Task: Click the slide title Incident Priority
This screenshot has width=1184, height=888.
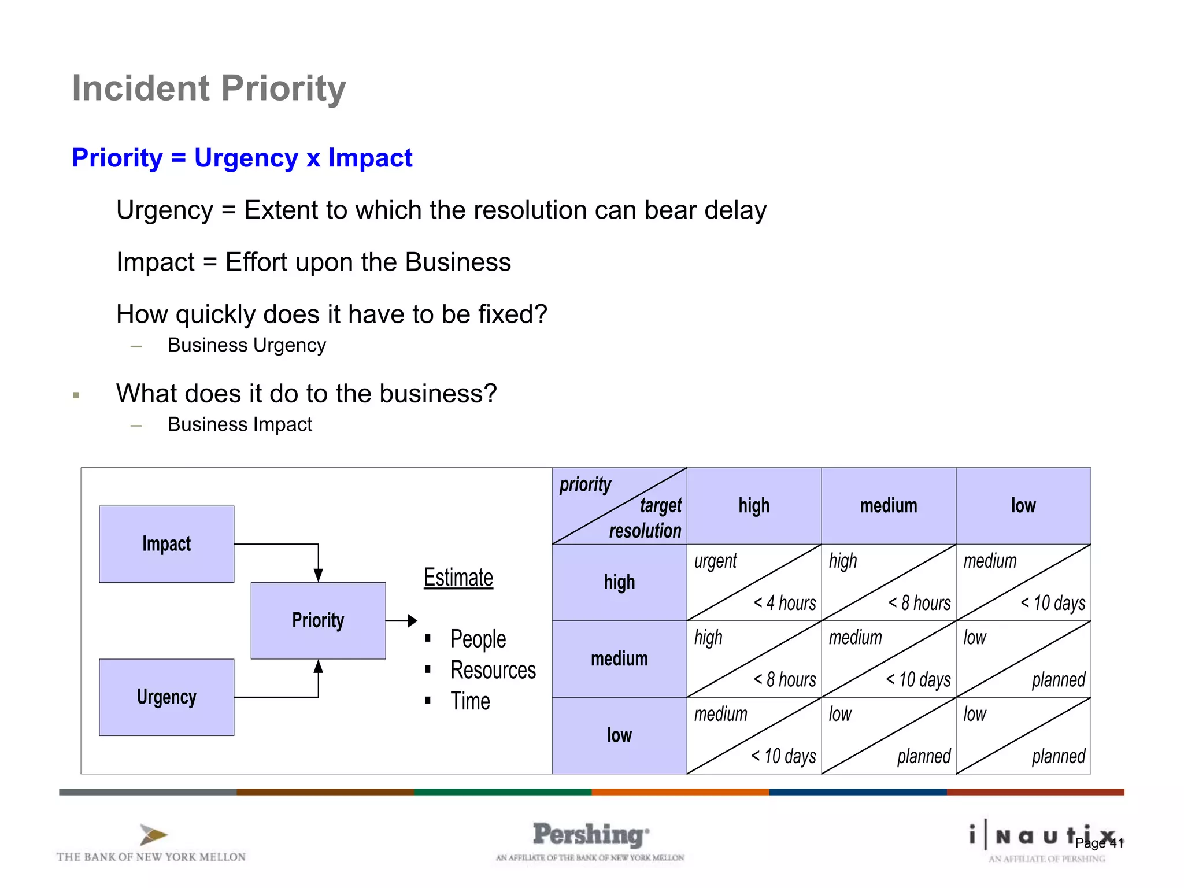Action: point(209,88)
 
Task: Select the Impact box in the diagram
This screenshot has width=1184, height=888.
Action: point(166,544)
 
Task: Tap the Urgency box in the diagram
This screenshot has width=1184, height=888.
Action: point(166,697)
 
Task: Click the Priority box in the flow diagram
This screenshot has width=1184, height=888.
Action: point(318,620)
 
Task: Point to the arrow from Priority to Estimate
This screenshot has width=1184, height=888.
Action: point(401,621)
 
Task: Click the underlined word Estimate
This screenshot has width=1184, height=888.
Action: point(458,578)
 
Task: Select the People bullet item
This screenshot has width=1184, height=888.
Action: point(478,639)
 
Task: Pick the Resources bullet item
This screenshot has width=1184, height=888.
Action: point(493,670)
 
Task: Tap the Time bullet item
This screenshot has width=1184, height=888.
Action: point(470,701)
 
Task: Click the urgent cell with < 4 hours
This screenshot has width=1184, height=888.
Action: point(754,582)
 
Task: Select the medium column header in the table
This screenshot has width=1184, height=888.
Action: point(889,506)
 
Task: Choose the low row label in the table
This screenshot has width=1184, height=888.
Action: point(619,735)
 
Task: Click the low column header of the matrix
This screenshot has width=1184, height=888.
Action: point(1023,506)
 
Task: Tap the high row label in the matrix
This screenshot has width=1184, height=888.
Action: point(619,582)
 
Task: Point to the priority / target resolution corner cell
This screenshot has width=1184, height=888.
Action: point(619,506)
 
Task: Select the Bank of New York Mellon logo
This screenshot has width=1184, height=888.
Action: point(151,844)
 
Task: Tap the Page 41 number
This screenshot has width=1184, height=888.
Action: point(1099,843)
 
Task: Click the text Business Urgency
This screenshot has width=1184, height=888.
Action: point(247,345)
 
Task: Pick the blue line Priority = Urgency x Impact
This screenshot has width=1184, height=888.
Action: point(242,158)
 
